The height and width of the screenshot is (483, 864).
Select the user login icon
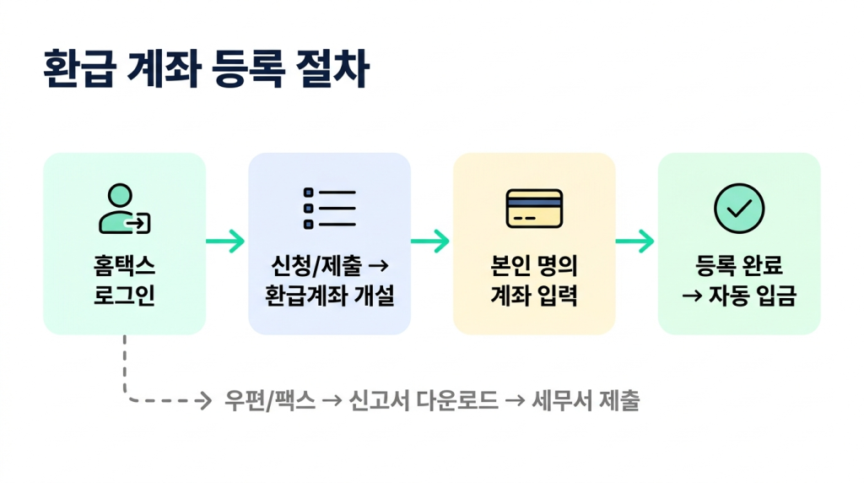[x=124, y=209]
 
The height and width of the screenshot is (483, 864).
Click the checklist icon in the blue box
[x=329, y=209]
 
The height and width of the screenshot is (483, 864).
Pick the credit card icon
[x=534, y=209]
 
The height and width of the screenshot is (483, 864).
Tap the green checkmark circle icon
[x=738, y=209]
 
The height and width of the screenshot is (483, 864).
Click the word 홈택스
[x=124, y=267]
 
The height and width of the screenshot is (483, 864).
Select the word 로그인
[x=124, y=296]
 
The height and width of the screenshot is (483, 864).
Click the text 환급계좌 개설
[x=329, y=296]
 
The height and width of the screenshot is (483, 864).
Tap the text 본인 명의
[x=534, y=267]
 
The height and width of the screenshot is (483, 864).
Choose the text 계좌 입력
[x=534, y=296]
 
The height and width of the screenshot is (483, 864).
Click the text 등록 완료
[x=739, y=267]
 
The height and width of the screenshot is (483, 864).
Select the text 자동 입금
[x=751, y=296]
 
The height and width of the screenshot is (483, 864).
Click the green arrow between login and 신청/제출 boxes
[x=226, y=241]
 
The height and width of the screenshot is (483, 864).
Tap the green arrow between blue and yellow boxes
[x=431, y=241]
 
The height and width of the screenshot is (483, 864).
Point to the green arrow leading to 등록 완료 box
[x=636, y=241]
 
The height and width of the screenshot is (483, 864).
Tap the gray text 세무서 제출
[x=586, y=401]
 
